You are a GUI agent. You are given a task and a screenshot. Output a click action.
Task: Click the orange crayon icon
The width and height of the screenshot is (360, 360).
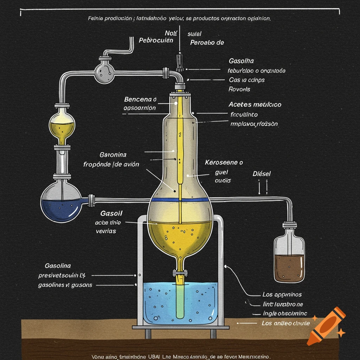click(x=325, y=326)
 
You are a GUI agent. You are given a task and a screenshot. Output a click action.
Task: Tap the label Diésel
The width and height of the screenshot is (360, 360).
click(x=262, y=174)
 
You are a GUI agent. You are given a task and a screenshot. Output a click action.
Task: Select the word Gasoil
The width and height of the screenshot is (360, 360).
click(x=111, y=213)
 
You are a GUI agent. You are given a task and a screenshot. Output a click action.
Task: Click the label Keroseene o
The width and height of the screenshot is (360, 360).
click(x=224, y=163)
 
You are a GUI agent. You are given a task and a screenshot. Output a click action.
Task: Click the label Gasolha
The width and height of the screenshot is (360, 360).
click(x=241, y=61)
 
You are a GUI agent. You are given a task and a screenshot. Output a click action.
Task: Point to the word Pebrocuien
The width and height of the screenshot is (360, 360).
click(x=156, y=40)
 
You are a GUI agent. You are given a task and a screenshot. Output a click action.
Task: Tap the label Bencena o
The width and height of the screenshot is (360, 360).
click(x=140, y=99)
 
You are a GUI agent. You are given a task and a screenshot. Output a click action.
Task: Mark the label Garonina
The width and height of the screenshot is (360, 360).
click(x=113, y=155)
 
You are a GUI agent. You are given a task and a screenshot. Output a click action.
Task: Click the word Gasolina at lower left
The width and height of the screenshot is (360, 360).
click(x=58, y=266)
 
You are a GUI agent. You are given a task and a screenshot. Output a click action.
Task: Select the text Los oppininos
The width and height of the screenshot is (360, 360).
click(x=282, y=295)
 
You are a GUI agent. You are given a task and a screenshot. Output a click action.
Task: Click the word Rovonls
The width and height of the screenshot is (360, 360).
click(x=239, y=89)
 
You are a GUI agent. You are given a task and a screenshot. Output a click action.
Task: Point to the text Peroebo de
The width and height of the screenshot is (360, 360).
click(x=207, y=43)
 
